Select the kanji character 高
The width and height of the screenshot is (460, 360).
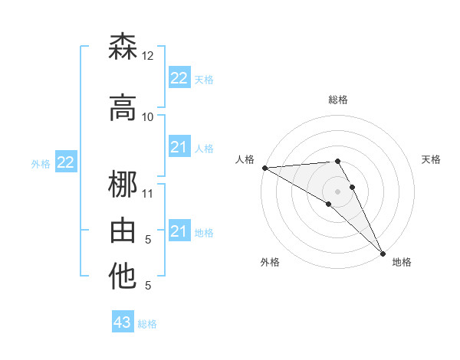(x=123, y=108)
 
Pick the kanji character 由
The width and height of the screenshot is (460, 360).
(x=123, y=231)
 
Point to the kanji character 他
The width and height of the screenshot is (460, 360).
(x=123, y=277)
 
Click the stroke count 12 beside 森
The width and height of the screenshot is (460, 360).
(x=148, y=56)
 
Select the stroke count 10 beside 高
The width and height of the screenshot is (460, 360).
(x=148, y=117)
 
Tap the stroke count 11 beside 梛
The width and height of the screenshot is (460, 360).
(x=148, y=193)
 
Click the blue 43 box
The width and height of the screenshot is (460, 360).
(x=123, y=322)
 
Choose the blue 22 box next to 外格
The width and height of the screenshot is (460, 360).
(x=66, y=162)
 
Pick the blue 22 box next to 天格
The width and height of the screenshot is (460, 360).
(x=179, y=78)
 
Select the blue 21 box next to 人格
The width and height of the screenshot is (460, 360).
(x=179, y=147)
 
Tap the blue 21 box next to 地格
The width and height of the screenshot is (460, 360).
(x=179, y=231)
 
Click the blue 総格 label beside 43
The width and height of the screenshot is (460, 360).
(x=148, y=324)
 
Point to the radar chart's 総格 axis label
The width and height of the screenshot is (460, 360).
(x=337, y=100)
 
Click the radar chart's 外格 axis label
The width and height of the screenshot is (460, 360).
(x=270, y=262)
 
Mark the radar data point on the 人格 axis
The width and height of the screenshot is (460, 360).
(x=264, y=168)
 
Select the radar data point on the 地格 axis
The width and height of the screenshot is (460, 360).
(x=383, y=253)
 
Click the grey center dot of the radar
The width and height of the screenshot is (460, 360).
(x=337, y=191)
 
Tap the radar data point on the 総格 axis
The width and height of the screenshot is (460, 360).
(x=337, y=161)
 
